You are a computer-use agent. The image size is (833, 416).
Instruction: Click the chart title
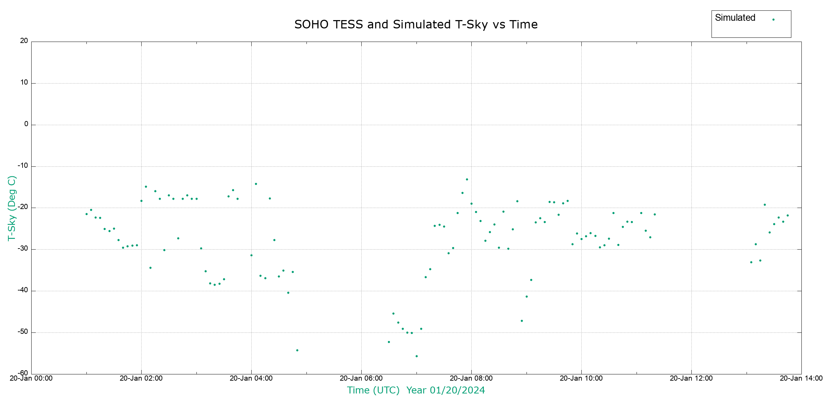(416, 25)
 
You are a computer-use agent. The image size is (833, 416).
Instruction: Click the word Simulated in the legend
(735, 18)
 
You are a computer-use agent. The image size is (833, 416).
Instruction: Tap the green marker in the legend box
(773, 20)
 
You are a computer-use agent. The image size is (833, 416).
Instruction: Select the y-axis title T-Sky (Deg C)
(12, 208)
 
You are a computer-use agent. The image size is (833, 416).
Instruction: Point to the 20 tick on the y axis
(24, 41)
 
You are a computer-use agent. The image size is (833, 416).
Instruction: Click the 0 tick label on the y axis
(26, 124)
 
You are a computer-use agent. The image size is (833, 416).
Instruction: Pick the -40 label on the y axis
(23, 290)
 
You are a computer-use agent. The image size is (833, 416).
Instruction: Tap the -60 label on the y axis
(23, 373)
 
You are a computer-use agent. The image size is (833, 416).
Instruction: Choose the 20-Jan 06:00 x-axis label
(361, 378)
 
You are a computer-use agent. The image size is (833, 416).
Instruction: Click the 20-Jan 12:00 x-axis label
(691, 378)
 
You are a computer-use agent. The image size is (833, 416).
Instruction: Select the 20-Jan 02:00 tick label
(141, 378)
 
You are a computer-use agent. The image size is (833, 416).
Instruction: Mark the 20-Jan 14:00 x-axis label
(801, 378)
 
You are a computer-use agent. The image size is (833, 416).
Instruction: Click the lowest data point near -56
(416, 356)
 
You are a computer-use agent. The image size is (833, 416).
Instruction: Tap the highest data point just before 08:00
(467, 180)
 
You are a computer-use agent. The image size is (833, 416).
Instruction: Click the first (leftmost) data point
(86, 214)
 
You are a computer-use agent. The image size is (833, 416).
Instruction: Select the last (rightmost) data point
(788, 216)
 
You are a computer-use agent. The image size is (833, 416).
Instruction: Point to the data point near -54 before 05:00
(297, 350)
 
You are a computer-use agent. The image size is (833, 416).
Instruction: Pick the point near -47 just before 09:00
(522, 321)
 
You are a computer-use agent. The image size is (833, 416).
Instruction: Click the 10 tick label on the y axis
(24, 83)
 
